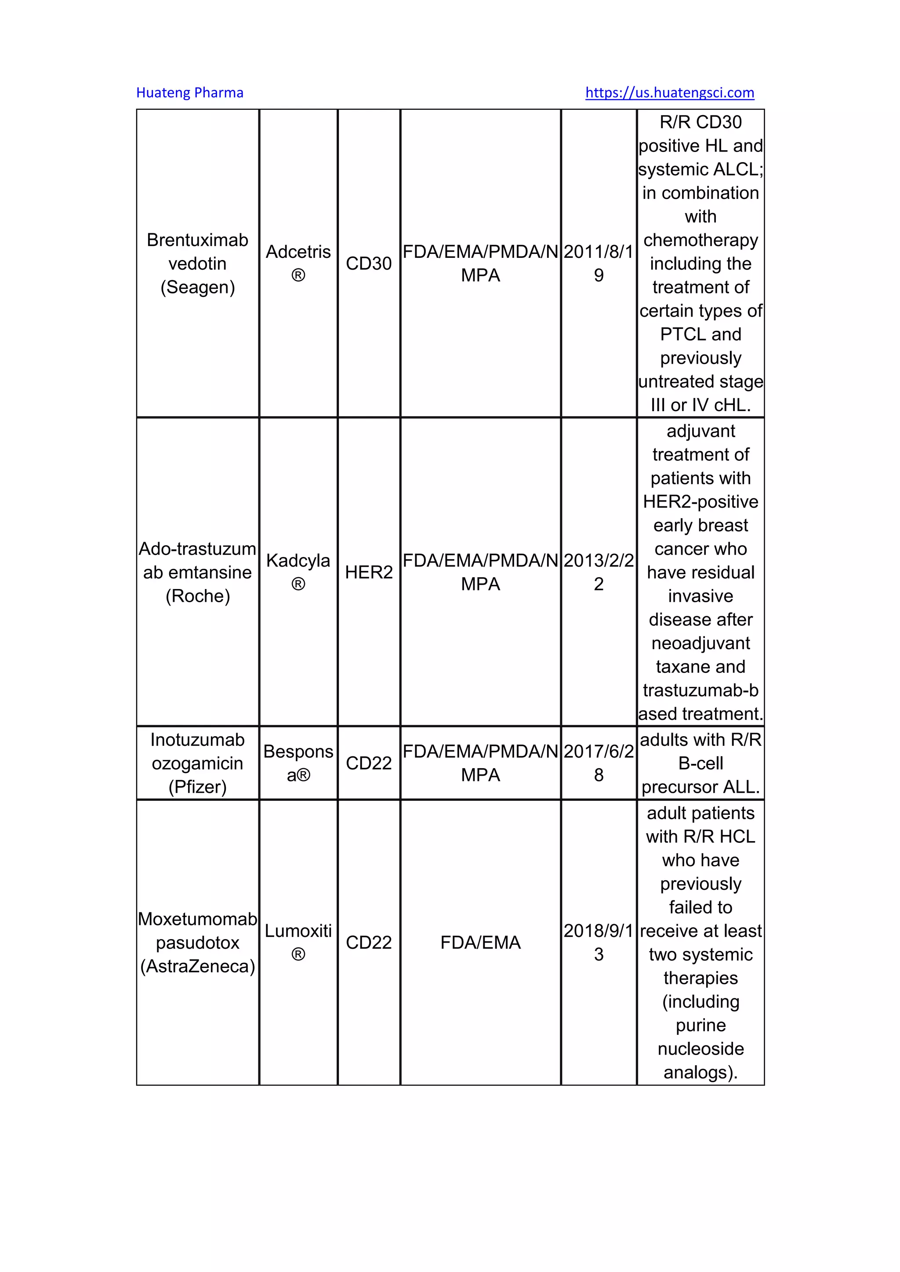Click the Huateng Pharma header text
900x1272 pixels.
click(x=189, y=93)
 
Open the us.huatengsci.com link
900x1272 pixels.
click(x=669, y=93)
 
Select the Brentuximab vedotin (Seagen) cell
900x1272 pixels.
click(x=197, y=263)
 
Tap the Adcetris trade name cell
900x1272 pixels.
click(x=298, y=263)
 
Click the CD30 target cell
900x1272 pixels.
click(x=369, y=263)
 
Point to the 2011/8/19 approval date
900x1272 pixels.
click(x=599, y=263)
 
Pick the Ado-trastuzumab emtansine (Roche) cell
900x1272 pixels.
click(x=197, y=572)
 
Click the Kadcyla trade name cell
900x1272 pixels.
click(x=298, y=572)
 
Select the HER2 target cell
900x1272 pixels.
click(x=369, y=572)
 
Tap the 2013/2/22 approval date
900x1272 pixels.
click(x=599, y=572)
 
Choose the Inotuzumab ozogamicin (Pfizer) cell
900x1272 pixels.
click(x=197, y=763)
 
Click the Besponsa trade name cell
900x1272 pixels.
click(x=298, y=763)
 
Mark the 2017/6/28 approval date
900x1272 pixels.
click(x=599, y=763)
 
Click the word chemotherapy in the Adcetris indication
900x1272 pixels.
click(x=700, y=240)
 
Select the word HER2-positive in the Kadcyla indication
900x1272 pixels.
click(x=700, y=501)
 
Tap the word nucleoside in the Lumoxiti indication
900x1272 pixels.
click(x=700, y=1049)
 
